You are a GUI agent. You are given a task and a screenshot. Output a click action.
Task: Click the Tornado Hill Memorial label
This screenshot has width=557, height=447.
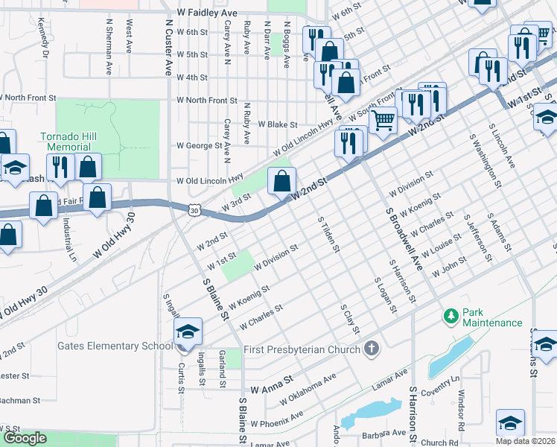69,142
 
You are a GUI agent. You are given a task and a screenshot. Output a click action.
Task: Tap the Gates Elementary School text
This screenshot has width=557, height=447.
109,346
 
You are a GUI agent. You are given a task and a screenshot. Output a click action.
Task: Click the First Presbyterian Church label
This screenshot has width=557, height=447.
301,349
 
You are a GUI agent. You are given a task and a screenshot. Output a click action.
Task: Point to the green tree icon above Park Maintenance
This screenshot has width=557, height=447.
451,316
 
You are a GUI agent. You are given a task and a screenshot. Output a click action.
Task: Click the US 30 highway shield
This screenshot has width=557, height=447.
194,212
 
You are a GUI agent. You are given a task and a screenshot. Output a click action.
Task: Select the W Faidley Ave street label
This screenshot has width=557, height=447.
207,13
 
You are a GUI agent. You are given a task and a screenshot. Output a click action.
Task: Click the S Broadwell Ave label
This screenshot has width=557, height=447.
403,238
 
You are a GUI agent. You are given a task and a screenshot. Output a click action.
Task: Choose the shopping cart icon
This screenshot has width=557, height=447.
383,118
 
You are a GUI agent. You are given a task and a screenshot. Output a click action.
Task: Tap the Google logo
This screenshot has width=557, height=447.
24,438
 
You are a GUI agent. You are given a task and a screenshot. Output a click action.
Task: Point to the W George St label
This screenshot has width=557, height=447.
197,146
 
